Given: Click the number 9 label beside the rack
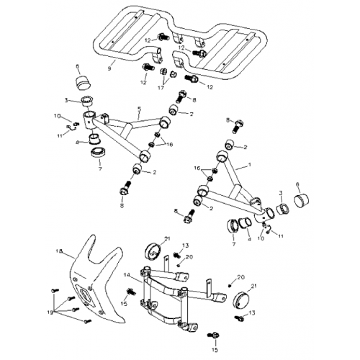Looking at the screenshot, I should (x=109, y=68).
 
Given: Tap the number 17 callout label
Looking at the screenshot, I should (x=161, y=88).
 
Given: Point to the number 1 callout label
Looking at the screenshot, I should (x=249, y=165).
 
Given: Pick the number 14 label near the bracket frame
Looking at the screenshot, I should (x=126, y=274).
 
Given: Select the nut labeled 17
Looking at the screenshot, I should (x=163, y=73).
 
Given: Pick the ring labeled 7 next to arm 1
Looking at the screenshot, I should (x=233, y=227).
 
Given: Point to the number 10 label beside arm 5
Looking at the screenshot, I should (x=56, y=115).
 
